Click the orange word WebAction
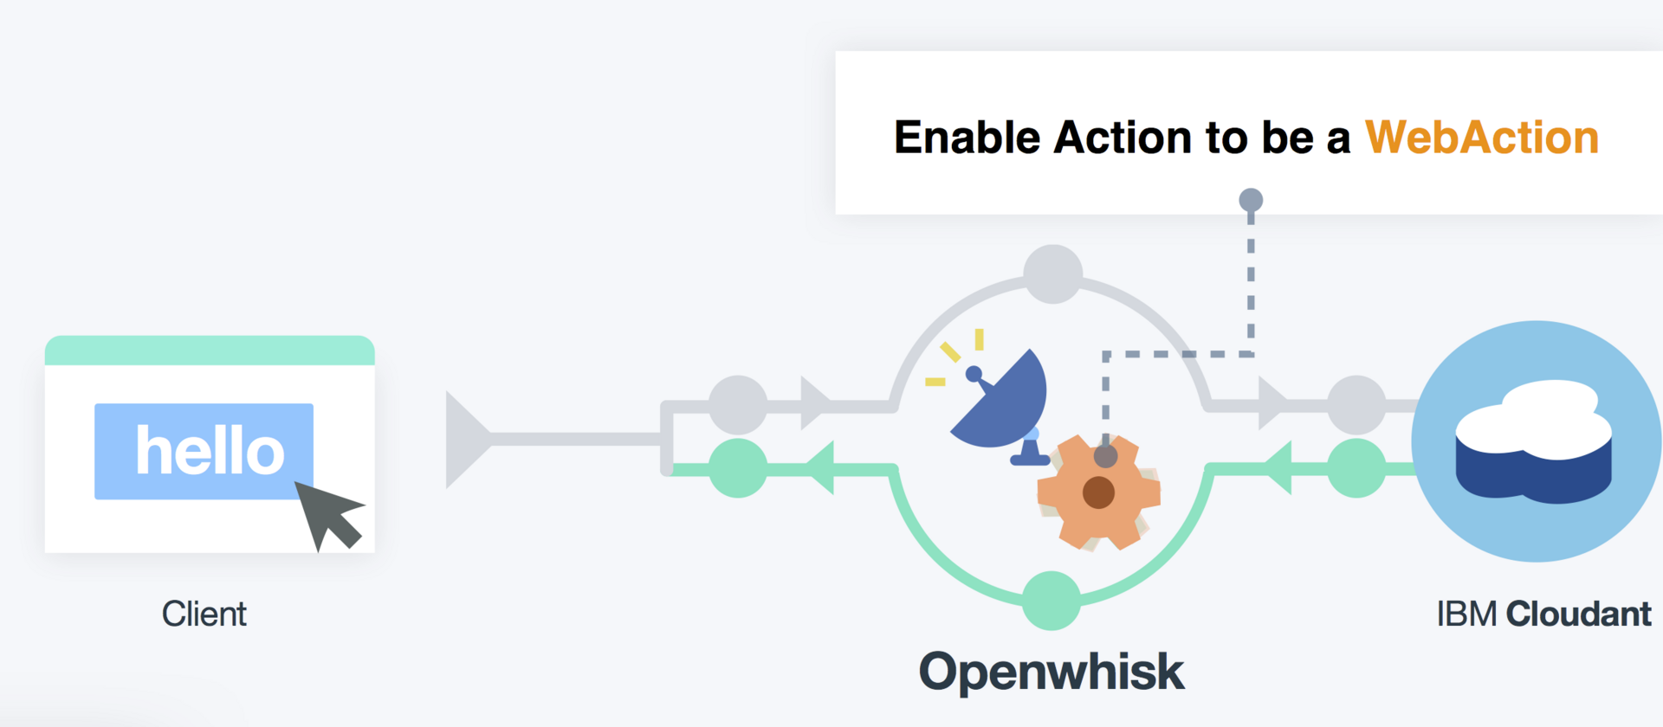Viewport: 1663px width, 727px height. (x=1481, y=138)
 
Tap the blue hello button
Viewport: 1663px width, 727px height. (x=204, y=451)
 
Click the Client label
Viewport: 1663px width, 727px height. (x=204, y=614)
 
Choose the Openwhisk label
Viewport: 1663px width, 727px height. (x=1051, y=672)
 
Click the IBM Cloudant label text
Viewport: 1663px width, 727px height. (x=1543, y=614)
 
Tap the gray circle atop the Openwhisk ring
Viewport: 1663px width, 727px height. (x=1052, y=274)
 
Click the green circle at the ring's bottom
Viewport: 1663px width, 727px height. (x=1052, y=601)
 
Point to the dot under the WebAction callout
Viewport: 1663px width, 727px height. (x=1251, y=201)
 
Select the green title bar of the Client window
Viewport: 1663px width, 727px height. (x=210, y=351)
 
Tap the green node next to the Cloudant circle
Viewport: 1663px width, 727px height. (x=1356, y=468)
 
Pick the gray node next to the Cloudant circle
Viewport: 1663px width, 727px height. (x=1356, y=404)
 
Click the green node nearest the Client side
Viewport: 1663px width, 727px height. (x=738, y=468)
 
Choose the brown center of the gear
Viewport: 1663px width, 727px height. (x=1098, y=492)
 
